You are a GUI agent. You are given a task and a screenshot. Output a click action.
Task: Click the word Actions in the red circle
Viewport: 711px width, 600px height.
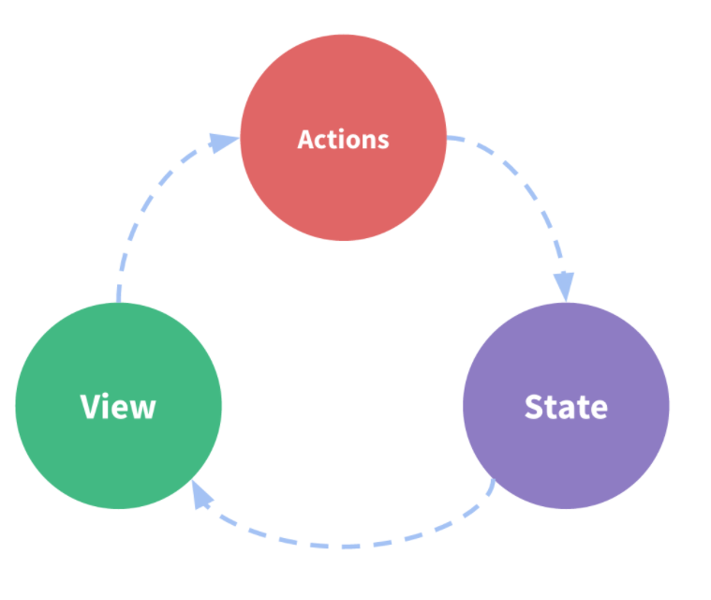343,139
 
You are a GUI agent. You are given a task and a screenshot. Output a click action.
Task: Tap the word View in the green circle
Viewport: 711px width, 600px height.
118,407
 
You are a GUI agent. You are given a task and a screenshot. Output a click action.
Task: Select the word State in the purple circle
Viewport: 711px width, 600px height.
566,407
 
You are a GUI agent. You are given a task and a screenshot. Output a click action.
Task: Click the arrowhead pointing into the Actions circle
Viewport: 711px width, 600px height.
224,142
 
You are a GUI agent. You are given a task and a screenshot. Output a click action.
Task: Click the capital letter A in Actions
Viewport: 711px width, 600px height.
305,139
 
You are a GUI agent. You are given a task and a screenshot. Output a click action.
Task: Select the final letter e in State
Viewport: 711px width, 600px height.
598,410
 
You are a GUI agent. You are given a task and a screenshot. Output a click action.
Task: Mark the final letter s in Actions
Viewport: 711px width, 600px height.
382,141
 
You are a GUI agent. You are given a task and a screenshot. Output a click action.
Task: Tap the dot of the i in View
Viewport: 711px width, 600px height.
109,395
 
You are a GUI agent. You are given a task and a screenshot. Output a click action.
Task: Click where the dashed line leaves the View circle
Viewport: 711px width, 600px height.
118,300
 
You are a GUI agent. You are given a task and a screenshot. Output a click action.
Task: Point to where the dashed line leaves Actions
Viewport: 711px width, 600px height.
449,139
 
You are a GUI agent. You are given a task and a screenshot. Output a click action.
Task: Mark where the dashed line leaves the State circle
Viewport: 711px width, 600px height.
494,482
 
